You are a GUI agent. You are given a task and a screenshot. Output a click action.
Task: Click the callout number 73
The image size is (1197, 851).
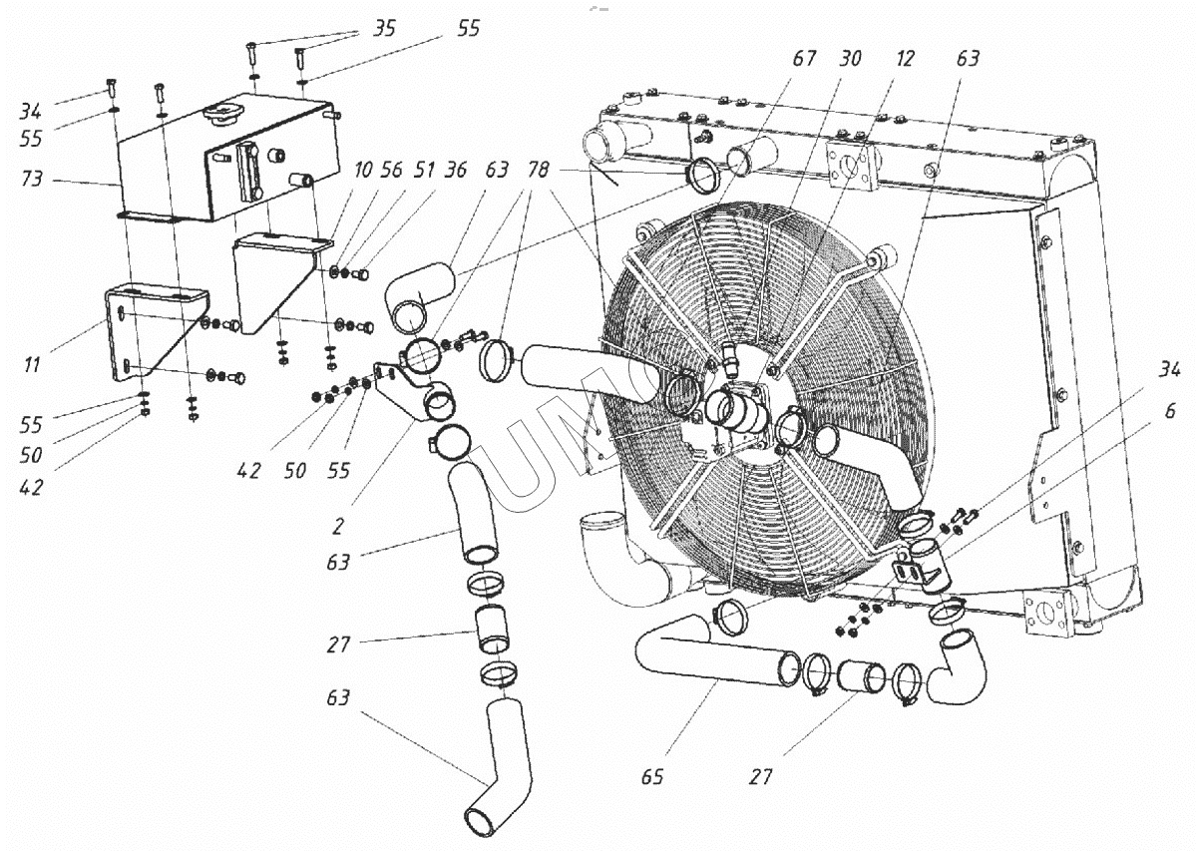pyautogui.click(x=31, y=182)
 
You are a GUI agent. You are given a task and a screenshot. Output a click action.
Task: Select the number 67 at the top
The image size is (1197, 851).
pyautogui.click(x=803, y=59)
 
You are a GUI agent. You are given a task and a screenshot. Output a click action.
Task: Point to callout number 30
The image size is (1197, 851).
pyautogui.click(x=849, y=59)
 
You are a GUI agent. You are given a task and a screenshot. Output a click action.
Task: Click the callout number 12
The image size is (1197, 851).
pyautogui.click(x=904, y=59)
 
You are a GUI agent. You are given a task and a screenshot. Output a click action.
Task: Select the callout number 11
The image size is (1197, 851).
pyautogui.click(x=32, y=365)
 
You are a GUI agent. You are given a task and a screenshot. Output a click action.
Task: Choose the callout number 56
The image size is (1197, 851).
pyautogui.click(x=391, y=171)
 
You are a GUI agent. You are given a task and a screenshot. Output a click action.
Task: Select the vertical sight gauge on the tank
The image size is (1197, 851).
pyautogui.click(x=249, y=172)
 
